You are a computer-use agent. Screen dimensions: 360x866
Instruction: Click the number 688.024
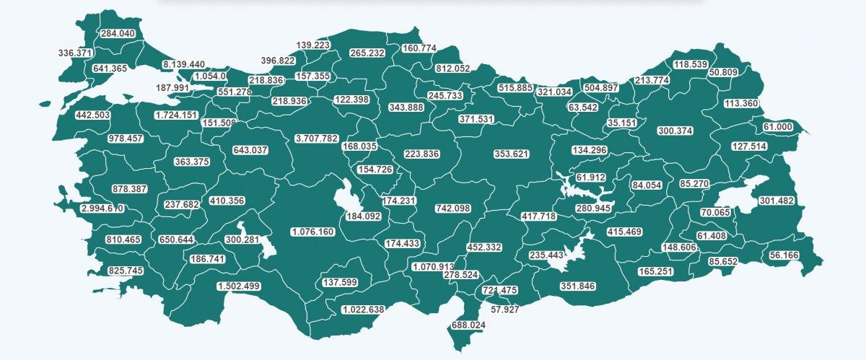[468, 325]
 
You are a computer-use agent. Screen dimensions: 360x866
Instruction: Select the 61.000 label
[778, 127]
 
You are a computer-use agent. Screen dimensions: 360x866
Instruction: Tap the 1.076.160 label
[312, 232]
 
